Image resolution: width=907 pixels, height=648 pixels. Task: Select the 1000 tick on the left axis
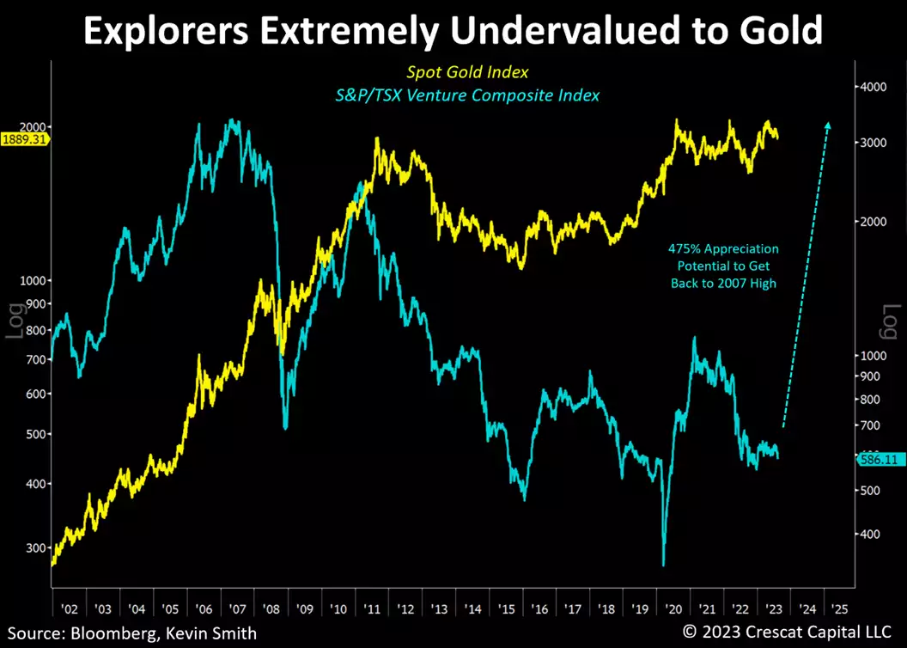coord(32,281)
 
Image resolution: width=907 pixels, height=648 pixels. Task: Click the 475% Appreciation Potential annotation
coord(723,266)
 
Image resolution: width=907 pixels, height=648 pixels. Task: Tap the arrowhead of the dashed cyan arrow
coord(828,125)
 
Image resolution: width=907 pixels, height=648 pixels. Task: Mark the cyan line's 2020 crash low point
coord(664,564)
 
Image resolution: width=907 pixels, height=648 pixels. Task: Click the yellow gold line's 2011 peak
coord(377,138)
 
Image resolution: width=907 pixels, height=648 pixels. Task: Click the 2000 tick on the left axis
coord(32,126)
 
